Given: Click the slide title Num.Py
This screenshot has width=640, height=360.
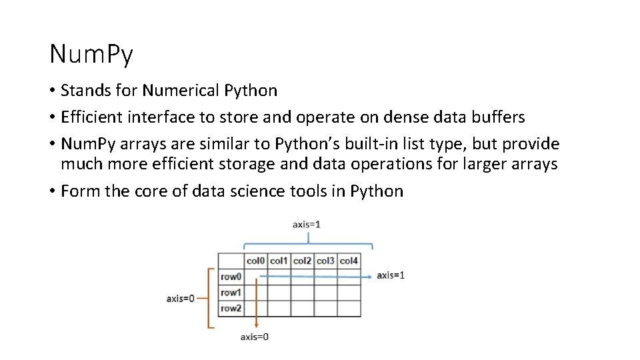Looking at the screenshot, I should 91,55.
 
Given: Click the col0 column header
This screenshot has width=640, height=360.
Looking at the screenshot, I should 255,261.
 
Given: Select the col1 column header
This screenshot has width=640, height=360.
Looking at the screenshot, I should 279,261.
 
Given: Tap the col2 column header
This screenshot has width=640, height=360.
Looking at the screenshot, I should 302,261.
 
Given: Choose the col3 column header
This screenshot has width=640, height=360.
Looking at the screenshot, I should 325,261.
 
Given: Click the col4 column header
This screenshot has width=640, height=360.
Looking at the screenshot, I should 349,261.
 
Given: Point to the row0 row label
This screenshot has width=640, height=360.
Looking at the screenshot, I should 231,277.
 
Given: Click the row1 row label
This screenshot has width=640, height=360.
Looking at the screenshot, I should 231,293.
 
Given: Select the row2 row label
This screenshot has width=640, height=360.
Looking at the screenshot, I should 231,308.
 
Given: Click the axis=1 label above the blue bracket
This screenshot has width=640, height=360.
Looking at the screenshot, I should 306,225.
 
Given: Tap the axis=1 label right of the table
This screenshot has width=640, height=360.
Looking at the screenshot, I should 391,275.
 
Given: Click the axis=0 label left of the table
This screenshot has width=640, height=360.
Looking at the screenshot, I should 181,298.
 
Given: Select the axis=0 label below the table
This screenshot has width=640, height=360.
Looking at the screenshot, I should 255,337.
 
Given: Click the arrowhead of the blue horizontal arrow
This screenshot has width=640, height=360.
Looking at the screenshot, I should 370,275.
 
